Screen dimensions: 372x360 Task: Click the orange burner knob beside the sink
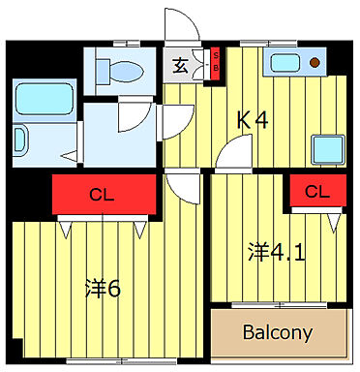coord(315,64)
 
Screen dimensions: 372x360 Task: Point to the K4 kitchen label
coord(253,120)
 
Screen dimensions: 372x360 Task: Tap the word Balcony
coord(278,332)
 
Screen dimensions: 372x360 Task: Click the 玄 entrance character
coord(181,66)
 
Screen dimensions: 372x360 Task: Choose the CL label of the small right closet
coord(316,192)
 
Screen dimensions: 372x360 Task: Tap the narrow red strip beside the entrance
coord(215,65)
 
